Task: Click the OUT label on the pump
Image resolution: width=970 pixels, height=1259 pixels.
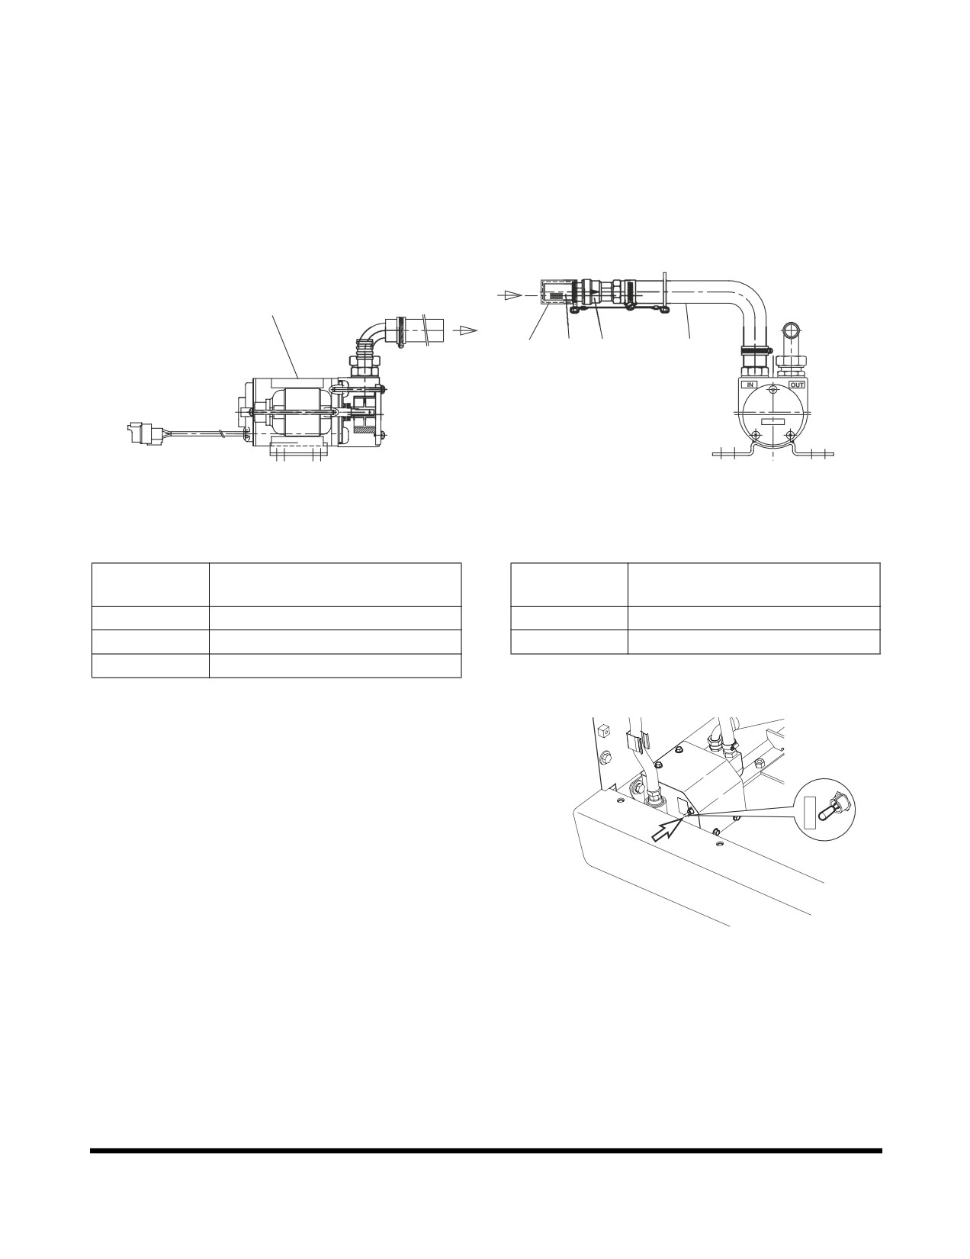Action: point(797,385)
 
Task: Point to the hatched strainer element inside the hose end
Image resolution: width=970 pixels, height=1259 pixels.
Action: point(557,295)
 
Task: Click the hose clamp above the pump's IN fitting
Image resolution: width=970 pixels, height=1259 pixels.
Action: point(755,349)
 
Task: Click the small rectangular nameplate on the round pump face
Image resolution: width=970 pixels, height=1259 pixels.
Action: point(772,422)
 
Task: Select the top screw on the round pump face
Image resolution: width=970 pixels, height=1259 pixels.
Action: point(772,390)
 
